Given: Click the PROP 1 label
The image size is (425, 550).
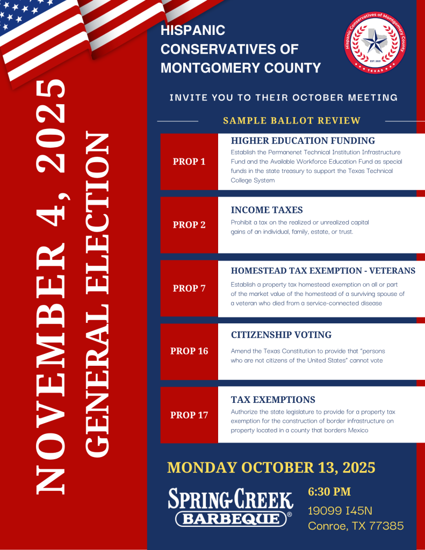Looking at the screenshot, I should point(189,162).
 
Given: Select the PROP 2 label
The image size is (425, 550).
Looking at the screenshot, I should point(189,225).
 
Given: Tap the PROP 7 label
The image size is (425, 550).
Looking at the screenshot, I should point(189,288).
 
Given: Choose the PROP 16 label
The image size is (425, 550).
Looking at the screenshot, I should point(189,351).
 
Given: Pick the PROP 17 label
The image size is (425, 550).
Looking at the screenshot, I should point(189,415).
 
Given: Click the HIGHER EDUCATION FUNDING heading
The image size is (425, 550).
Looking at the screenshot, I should point(302,141).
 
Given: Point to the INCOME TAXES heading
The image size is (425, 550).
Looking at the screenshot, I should point(266,210).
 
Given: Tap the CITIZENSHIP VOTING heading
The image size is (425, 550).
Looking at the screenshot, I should point(281,335).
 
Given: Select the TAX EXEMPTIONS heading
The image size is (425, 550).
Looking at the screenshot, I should point(273,400).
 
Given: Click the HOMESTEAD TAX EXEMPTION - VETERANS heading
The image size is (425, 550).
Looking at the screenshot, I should point(323,271).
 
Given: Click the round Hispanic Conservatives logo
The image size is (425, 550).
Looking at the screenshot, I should point(374,49).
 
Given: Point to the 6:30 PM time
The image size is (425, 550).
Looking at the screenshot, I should point(329,491).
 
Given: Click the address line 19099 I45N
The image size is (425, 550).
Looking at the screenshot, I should point(340,510).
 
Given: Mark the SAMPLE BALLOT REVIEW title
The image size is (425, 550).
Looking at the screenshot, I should point(292,121).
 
